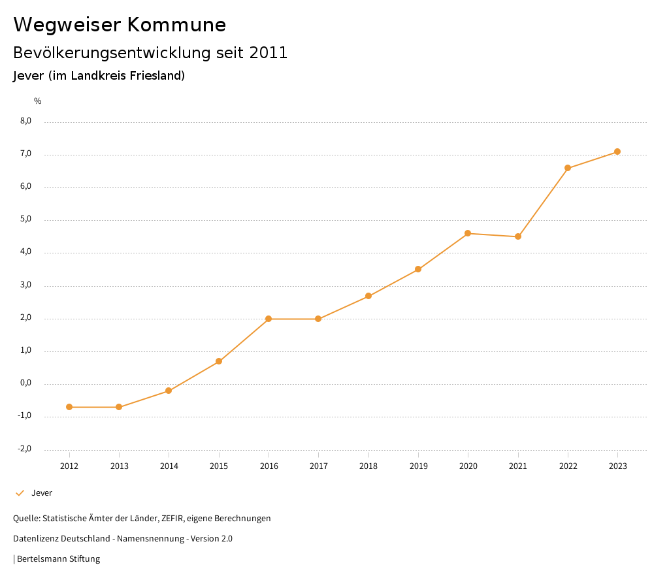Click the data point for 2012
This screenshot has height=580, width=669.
point(69,407)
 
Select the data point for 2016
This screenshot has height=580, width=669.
point(269,319)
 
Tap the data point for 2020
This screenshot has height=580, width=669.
point(468,233)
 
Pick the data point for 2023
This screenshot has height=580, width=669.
point(617,152)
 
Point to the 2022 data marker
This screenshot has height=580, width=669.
point(568,168)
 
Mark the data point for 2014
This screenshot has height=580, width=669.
point(169,391)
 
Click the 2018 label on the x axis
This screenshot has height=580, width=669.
point(368,466)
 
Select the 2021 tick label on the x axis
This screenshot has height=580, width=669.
point(518,466)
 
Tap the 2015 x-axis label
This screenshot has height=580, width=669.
point(219,466)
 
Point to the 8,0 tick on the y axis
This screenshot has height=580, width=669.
point(26,121)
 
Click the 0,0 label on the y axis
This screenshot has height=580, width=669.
point(26,383)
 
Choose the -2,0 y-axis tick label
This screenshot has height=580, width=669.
point(25,449)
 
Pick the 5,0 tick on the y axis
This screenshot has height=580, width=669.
point(26,219)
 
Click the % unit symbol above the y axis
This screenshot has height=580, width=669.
point(38,101)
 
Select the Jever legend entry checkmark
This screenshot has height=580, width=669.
point(20,493)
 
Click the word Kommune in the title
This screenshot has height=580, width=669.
point(176,25)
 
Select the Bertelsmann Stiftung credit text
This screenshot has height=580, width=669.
point(58,559)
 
